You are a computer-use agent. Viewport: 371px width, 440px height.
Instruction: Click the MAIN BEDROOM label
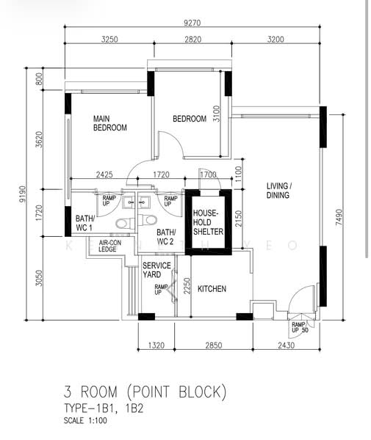click(109, 123)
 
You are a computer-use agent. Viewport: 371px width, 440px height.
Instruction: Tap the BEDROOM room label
click(189, 119)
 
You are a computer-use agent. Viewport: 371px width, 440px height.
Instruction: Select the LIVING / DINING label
click(278, 191)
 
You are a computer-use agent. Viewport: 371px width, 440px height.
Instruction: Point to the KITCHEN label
click(212, 289)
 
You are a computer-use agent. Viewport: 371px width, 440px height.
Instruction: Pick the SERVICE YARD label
click(156, 270)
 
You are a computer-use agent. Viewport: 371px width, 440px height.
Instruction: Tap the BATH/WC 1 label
click(84, 223)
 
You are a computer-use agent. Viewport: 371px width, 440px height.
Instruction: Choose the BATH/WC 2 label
click(165, 236)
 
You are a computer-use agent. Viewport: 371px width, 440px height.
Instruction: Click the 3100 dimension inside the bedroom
click(216, 114)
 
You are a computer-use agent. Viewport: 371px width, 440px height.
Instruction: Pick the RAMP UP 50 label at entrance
click(300, 327)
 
